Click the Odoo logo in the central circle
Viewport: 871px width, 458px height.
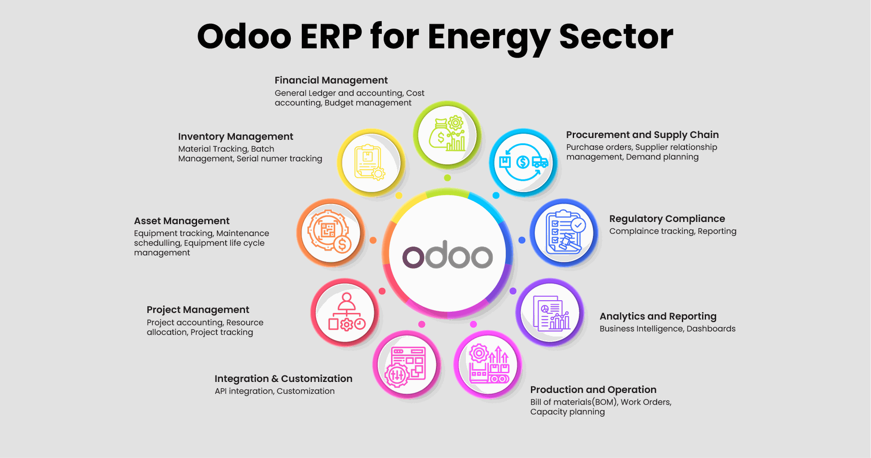point(447,256)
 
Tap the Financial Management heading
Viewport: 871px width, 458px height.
point(331,81)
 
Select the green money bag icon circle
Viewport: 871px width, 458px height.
point(447,135)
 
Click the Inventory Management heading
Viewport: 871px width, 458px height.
point(235,137)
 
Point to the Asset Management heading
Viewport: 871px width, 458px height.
point(181,221)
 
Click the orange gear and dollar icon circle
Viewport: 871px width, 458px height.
point(331,233)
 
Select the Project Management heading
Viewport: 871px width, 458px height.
point(198,310)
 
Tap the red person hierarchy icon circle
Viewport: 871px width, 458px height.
point(345,312)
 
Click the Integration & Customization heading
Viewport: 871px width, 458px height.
point(284,379)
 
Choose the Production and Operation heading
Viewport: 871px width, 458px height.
point(593,390)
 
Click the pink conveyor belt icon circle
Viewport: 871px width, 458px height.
point(488,365)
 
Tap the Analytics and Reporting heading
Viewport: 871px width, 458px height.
point(658,317)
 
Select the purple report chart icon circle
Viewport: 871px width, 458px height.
point(550,312)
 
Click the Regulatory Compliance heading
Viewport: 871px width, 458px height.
point(667,219)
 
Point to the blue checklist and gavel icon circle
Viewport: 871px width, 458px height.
point(564,233)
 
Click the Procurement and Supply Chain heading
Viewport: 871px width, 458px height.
point(642,135)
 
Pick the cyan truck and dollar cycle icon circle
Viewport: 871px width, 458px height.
point(523,162)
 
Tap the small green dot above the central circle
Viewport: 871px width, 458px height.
point(447,178)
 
